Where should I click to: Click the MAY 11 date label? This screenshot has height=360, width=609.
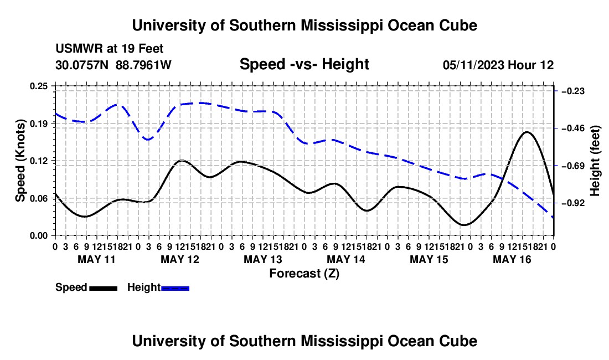[96, 259]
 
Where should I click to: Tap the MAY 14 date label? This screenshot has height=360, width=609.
[345, 259]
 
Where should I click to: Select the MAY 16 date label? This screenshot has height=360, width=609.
[512, 259]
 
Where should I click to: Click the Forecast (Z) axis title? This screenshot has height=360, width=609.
[304, 274]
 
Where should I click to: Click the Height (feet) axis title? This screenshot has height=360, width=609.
[595, 161]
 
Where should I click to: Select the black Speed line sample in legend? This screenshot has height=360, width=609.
[104, 289]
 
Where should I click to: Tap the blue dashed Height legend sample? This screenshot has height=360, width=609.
[175, 289]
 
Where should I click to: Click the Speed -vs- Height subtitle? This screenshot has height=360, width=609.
[304, 64]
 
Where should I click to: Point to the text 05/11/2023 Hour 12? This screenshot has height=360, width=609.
[498, 65]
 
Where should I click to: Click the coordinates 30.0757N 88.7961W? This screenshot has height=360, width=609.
[113, 65]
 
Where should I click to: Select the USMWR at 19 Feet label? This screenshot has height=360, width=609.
[110, 49]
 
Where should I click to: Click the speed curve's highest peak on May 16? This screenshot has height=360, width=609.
[527, 132]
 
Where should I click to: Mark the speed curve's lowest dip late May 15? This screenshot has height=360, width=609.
[464, 225]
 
